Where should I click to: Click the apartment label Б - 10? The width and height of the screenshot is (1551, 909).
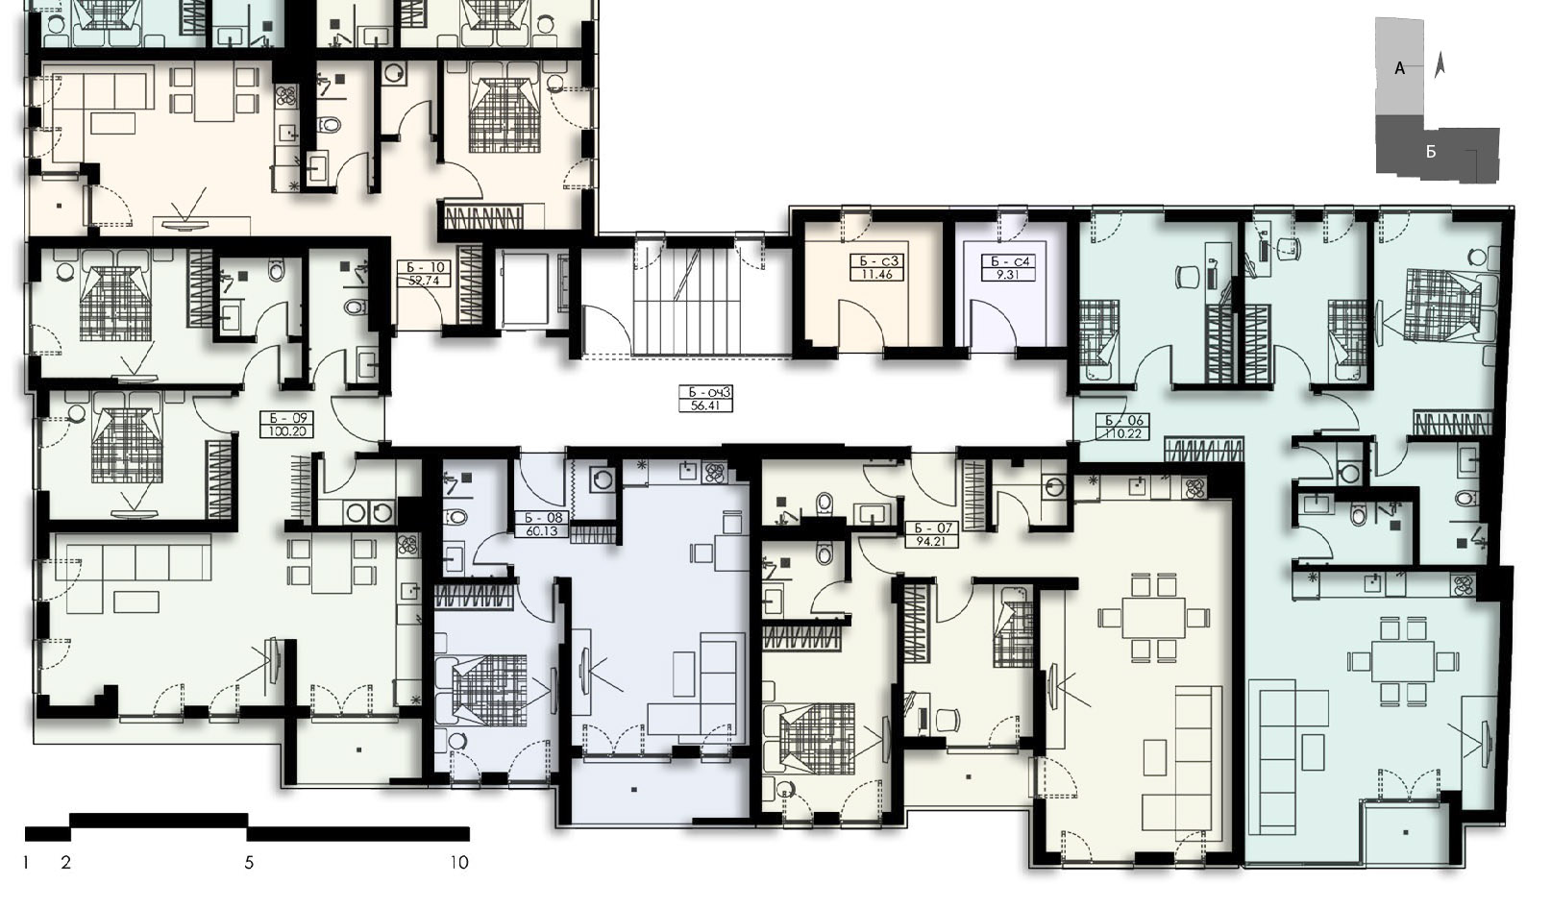point(424,267)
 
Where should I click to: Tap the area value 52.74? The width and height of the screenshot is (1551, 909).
point(424,281)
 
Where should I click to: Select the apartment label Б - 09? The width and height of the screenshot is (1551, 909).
point(286,418)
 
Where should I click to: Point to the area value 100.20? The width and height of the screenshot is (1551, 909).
point(286,431)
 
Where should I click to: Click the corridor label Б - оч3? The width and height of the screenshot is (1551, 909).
point(705,393)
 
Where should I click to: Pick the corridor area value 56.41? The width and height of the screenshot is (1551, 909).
point(705,405)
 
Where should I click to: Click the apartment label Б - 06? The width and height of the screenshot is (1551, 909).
point(1123,421)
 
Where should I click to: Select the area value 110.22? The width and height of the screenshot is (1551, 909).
point(1123,434)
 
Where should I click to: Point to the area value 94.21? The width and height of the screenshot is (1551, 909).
point(931,541)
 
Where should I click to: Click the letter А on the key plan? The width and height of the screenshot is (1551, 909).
point(1399,68)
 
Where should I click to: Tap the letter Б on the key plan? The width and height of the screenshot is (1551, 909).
point(1431,152)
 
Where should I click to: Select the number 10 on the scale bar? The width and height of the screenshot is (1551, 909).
point(459,863)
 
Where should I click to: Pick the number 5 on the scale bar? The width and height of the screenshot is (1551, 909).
point(249,863)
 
